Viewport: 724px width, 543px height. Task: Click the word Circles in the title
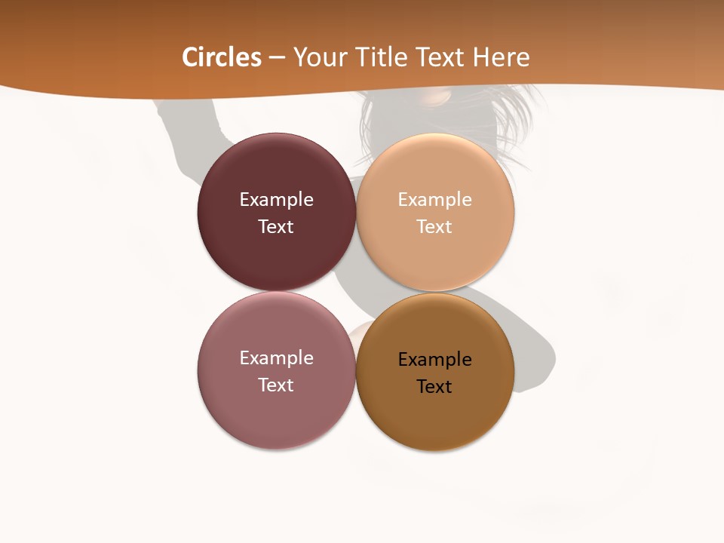click(222, 57)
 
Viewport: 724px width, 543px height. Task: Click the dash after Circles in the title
click(277, 58)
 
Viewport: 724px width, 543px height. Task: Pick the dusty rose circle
click(276, 415)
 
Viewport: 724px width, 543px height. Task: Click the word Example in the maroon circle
click(276, 200)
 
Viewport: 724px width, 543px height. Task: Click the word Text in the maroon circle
click(276, 227)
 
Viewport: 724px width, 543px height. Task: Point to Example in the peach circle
click(435, 200)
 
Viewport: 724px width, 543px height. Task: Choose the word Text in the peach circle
click(435, 227)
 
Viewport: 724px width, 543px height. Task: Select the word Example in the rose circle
click(276, 358)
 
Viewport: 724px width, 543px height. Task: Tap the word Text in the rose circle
click(276, 385)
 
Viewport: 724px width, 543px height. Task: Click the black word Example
click(435, 360)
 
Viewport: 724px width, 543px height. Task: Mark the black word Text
click(435, 387)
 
